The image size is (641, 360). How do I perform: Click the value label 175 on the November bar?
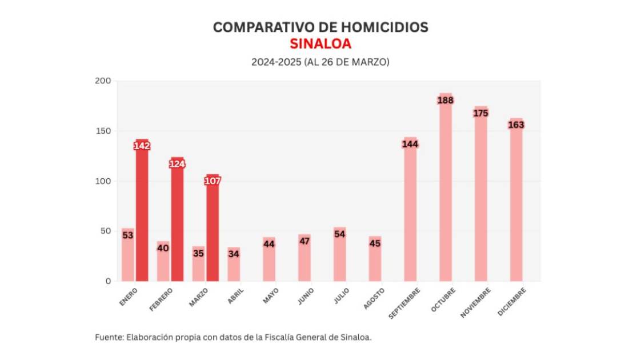(x=480, y=113)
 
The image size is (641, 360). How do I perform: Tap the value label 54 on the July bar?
(x=339, y=234)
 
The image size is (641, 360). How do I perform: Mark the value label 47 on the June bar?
(x=304, y=241)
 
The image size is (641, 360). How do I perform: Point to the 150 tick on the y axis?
(x=103, y=131)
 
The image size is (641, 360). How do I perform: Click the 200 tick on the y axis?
(x=103, y=81)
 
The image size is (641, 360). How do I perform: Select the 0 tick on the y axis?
(x=107, y=281)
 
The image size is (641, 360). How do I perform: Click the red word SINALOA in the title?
(x=320, y=43)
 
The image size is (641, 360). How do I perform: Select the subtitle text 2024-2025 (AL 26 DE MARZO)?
(x=320, y=62)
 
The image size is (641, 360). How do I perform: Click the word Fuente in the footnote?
(x=107, y=337)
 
